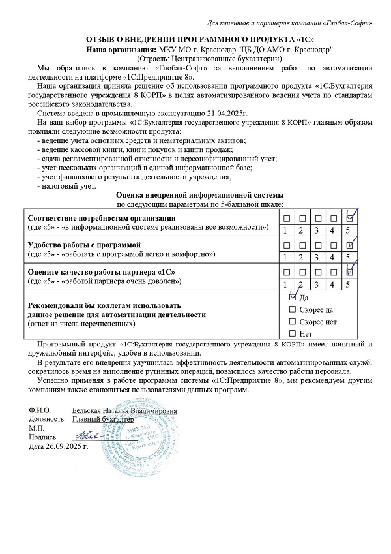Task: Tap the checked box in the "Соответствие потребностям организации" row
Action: [x=349, y=218]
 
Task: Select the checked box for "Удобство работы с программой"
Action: [x=349, y=245]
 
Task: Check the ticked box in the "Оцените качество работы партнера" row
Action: [x=349, y=272]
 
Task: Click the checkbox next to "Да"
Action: [x=292, y=297]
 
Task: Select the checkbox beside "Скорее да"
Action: [x=292, y=309]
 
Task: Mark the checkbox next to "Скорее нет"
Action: [x=292, y=322]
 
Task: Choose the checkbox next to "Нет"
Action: [x=292, y=334]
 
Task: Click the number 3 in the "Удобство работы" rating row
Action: [x=317, y=257]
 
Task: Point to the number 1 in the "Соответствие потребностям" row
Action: [x=285, y=230]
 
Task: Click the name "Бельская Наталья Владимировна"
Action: [x=124, y=410]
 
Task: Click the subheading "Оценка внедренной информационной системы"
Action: [x=199, y=195]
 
